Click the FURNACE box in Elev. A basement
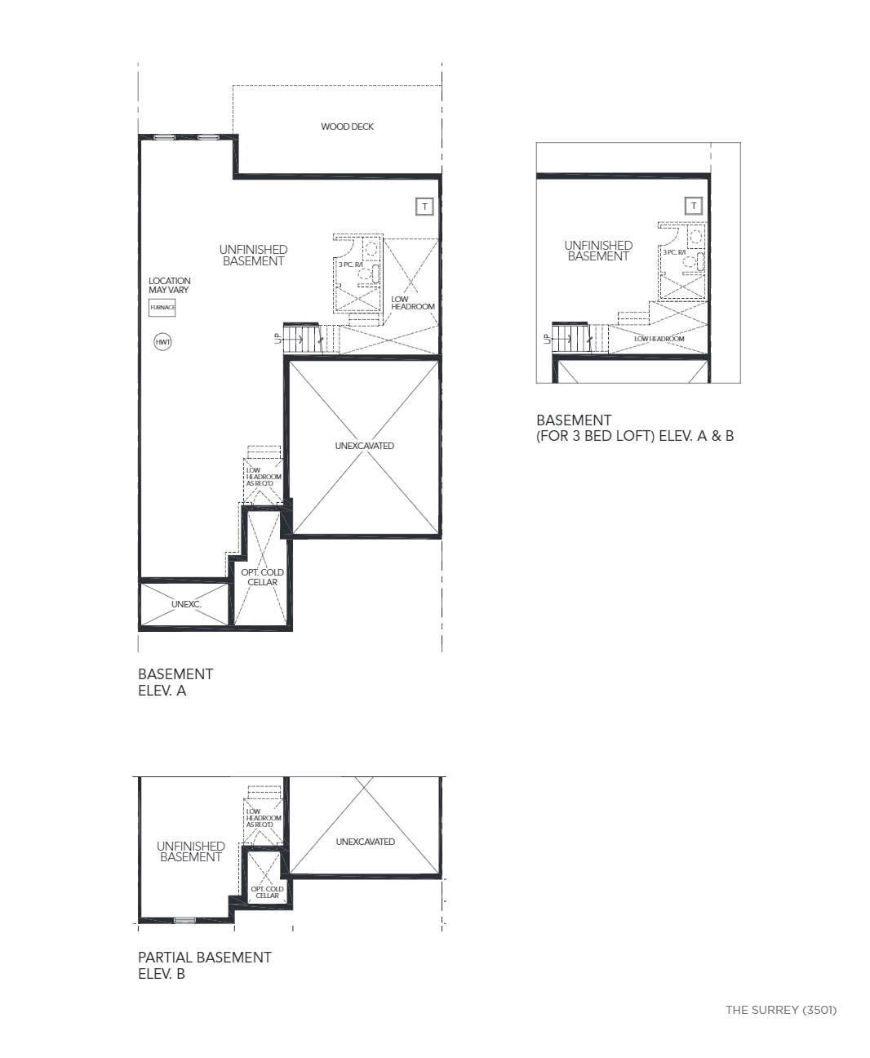(162, 308)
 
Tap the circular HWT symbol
(162, 342)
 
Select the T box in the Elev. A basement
(424, 207)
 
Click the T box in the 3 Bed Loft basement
(694, 205)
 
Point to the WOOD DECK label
(348, 127)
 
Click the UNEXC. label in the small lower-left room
(186, 604)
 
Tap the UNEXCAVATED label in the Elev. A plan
(365, 446)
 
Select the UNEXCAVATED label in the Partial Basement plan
(365, 842)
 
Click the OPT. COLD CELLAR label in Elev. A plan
(262, 577)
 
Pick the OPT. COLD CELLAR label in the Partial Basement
(267, 892)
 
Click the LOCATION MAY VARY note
(170, 286)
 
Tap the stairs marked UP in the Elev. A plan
(302, 339)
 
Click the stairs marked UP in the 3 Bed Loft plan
(570, 338)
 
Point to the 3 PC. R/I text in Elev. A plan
(350, 264)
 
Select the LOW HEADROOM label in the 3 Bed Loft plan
(659, 339)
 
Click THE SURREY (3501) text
(781, 1010)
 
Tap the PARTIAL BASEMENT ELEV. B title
(205, 966)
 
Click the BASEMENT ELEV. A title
(175, 682)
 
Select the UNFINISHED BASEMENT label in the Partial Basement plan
(190, 851)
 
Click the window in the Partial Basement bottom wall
(184, 920)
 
